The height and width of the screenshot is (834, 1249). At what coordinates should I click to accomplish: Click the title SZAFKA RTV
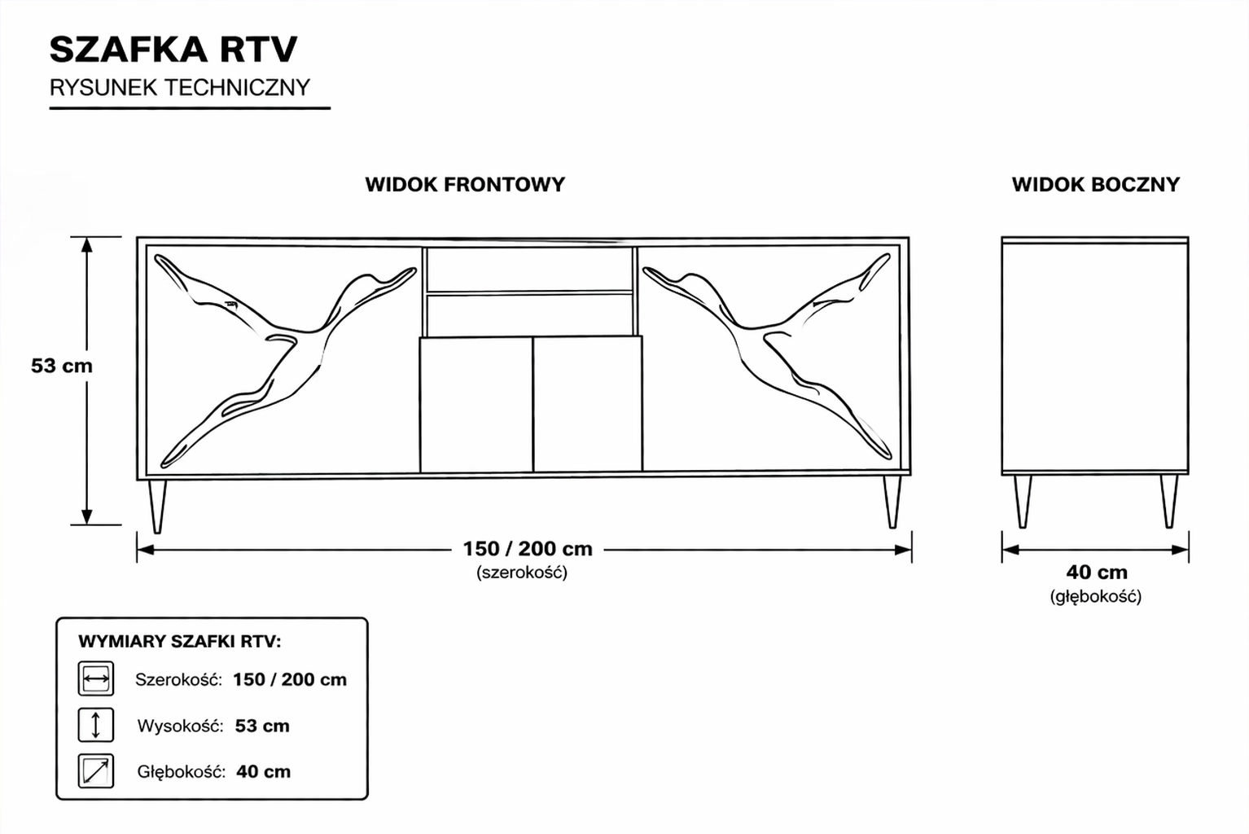tap(173, 49)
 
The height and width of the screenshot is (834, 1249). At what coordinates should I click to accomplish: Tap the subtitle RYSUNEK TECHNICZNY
tap(180, 88)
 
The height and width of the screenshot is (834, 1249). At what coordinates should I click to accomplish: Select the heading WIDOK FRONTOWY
tap(465, 185)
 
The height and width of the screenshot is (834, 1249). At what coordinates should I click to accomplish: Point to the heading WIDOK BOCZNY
tap(1096, 185)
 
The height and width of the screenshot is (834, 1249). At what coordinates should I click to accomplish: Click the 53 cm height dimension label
tap(61, 366)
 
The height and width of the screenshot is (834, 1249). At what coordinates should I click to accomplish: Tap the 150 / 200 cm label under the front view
tap(528, 549)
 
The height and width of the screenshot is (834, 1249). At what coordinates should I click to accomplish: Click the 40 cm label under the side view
tap(1097, 573)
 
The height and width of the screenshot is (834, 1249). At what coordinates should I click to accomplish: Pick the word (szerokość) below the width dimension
tap(522, 573)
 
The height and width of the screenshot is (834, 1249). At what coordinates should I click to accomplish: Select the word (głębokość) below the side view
tap(1096, 597)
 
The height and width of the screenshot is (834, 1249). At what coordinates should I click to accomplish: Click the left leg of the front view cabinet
tap(157, 506)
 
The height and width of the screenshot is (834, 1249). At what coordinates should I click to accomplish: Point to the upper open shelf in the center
tap(529, 270)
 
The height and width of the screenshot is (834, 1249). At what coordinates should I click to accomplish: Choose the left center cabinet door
tap(476, 405)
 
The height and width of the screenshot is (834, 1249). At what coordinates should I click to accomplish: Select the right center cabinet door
tap(588, 404)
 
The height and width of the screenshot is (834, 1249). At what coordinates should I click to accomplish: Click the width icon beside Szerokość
tap(96, 678)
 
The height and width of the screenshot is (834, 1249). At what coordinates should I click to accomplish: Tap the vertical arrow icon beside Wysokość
tap(96, 725)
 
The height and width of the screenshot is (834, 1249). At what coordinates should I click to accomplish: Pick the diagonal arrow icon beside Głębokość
tap(96, 771)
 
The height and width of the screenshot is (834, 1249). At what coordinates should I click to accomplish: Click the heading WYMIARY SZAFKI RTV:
tap(180, 642)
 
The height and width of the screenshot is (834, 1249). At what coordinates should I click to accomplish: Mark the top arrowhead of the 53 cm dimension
tap(86, 245)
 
